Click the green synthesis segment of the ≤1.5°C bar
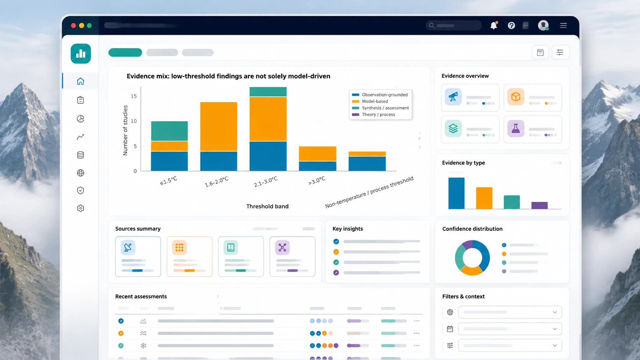tap(169, 131)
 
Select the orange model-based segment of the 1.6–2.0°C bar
tap(219, 127)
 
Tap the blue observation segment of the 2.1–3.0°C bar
tap(268, 156)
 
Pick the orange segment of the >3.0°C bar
tap(317, 154)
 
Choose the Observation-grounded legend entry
tap(380, 95)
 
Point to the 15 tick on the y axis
tap(134, 96)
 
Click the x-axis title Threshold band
tap(268, 207)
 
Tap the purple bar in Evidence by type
tap(539, 205)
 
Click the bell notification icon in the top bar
tap(494, 25)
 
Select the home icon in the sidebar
tap(80, 81)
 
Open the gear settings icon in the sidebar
tap(80, 209)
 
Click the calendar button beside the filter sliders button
tap(540, 52)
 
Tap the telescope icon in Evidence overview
tap(453, 97)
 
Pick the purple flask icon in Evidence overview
tap(516, 129)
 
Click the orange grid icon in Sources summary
tap(180, 247)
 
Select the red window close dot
tap(73, 25)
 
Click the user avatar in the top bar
tap(543, 25)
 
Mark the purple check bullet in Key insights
tap(336, 273)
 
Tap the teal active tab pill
tap(125, 52)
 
